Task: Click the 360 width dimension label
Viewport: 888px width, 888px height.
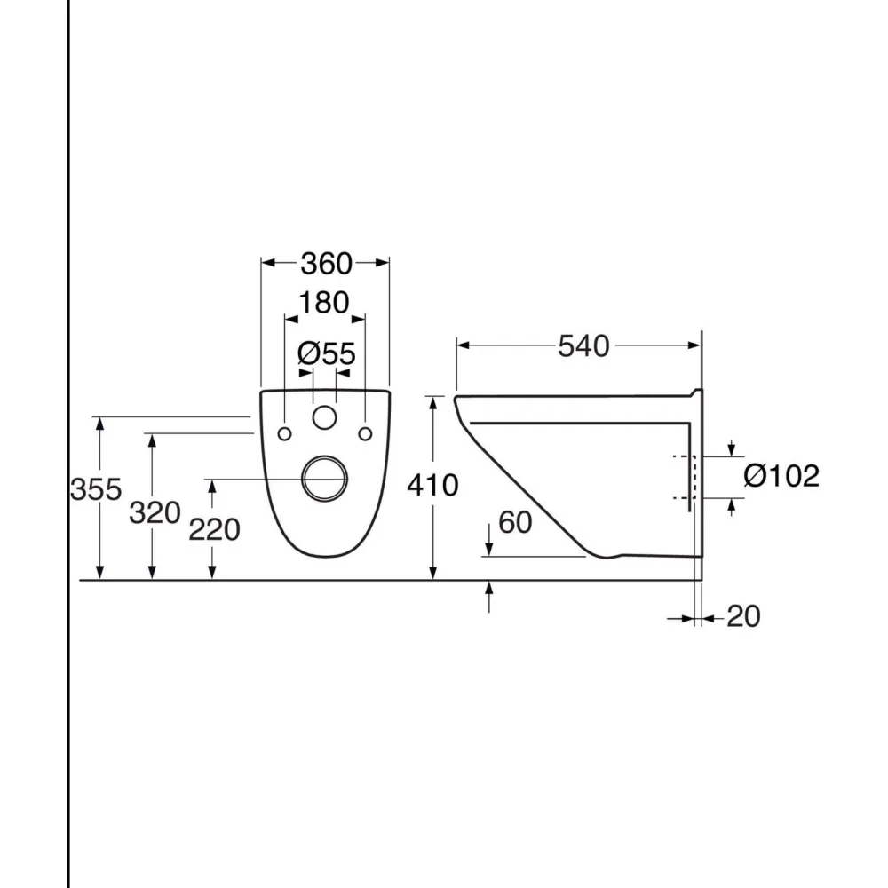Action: coord(326,264)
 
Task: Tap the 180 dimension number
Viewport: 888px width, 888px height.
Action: coord(324,303)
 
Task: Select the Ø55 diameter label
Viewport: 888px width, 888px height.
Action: coord(327,354)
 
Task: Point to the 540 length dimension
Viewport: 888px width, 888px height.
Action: coord(584,346)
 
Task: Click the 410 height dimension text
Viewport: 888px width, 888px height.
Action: coord(432,486)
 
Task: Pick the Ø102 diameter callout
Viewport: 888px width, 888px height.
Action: coord(781,476)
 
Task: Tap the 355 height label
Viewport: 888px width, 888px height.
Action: coord(96,489)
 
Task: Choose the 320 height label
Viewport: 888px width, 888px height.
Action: coord(155,513)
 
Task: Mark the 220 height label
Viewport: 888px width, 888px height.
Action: coord(214,530)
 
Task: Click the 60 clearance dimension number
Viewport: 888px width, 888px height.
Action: coord(515,522)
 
